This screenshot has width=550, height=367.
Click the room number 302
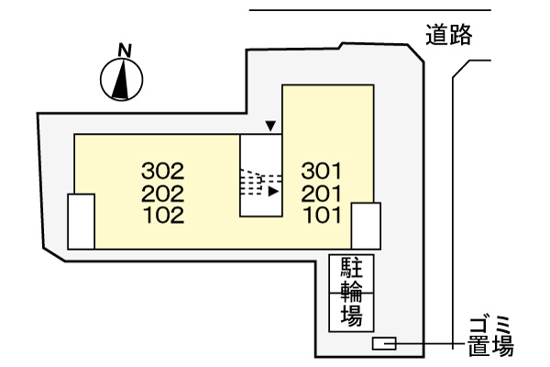(163, 171)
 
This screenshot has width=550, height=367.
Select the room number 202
(163, 194)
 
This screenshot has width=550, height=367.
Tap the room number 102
(164, 216)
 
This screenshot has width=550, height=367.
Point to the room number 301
(322, 171)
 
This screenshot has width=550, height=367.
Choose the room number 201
(322, 194)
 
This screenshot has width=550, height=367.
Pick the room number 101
(323, 216)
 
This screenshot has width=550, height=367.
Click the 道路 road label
(449, 35)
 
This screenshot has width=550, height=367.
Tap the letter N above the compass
(125, 50)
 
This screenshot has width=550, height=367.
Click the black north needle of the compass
(121, 79)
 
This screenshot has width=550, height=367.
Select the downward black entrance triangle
(270, 126)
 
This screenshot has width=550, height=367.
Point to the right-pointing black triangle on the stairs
(273, 192)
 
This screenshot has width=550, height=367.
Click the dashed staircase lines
(261, 183)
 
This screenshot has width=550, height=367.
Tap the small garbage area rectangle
(384, 343)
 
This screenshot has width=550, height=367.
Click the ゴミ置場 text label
(490, 337)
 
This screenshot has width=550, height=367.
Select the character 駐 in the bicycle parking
(352, 268)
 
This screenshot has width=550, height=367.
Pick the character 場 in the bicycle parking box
(352, 315)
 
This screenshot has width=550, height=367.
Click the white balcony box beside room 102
(82, 221)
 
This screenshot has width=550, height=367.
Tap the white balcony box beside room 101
(366, 226)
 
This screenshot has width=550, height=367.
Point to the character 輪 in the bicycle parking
(352, 292)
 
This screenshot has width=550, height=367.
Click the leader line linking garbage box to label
(425, 343)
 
